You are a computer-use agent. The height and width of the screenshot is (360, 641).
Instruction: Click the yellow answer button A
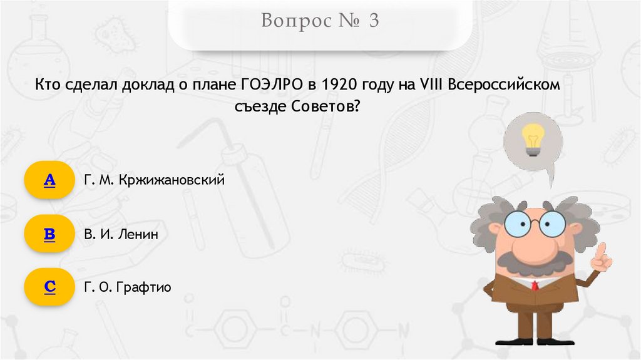tap(49, 180)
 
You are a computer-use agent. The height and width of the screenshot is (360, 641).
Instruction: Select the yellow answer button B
tap(49, 235)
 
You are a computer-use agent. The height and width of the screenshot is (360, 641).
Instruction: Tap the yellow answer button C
tap(49, 287)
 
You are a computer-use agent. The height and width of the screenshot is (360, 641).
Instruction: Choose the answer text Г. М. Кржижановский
tap(154, 180)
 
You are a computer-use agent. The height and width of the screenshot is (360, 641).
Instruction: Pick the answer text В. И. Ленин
tap(121, 235)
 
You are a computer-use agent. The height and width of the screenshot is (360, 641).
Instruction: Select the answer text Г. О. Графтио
tap(127, 287)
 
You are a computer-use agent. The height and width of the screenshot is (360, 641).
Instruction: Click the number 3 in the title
tap(373, 21)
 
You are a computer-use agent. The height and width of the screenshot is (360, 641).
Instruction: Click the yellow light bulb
tap(533, 140)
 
